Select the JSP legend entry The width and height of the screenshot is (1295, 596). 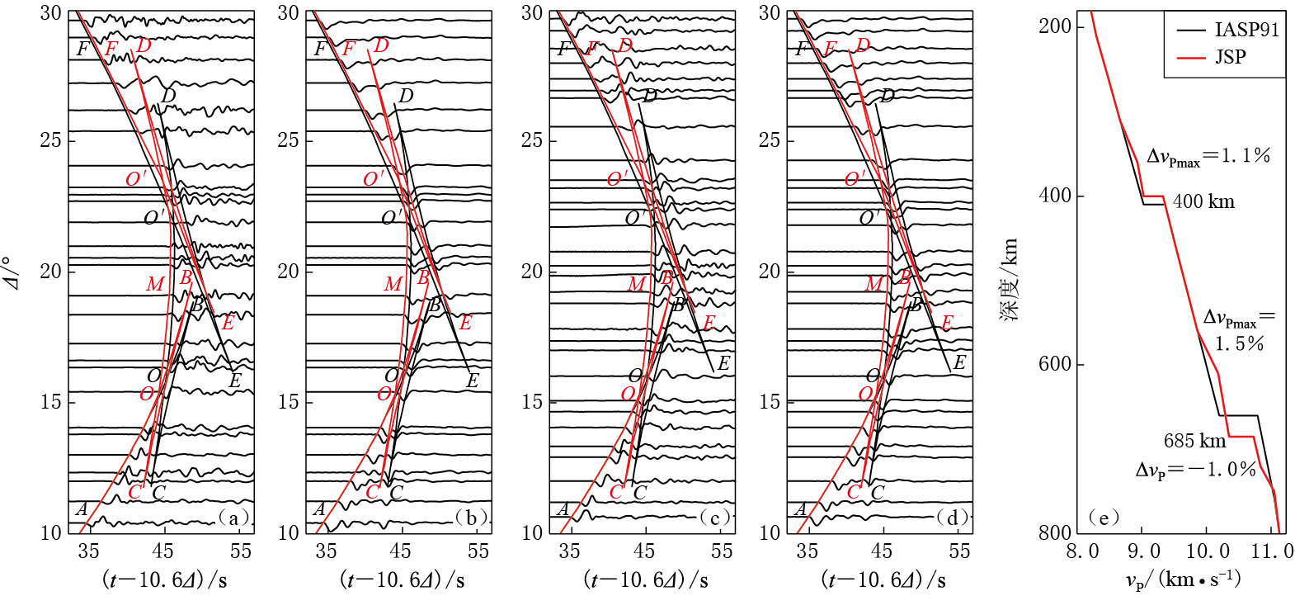(1230, 57)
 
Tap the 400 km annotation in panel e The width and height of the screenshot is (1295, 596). (1203, 201)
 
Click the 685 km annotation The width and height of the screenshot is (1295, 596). (1194, 441)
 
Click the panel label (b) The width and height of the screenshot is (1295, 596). (471, 518)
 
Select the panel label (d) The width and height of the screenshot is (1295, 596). (953, 518)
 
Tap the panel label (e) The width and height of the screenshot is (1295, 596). (1103, 518)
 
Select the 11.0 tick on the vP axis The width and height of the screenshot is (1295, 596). (1274, 551)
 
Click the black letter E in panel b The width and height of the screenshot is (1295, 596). (473, 381)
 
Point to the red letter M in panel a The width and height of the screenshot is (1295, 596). (155, 285)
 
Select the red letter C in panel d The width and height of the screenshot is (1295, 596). (854, 492)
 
